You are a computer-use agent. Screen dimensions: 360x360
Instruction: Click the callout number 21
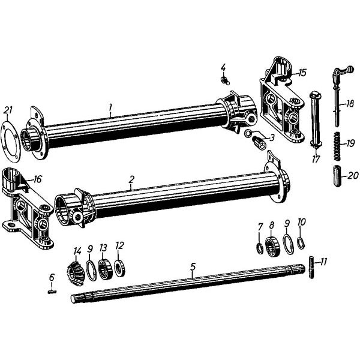(x=8, y=110)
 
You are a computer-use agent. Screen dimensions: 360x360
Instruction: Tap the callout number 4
(x=223, y=68)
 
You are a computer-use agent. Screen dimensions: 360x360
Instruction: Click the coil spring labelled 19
(x=337, y=146)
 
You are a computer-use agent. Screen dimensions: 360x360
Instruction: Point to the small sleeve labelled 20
(x=337, y=176)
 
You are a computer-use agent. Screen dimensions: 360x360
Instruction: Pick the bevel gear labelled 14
(x=76, y=274)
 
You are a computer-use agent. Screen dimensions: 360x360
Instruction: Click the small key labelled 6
(x=53, y=292)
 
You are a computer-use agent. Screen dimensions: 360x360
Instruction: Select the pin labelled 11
(x=311, y=267)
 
